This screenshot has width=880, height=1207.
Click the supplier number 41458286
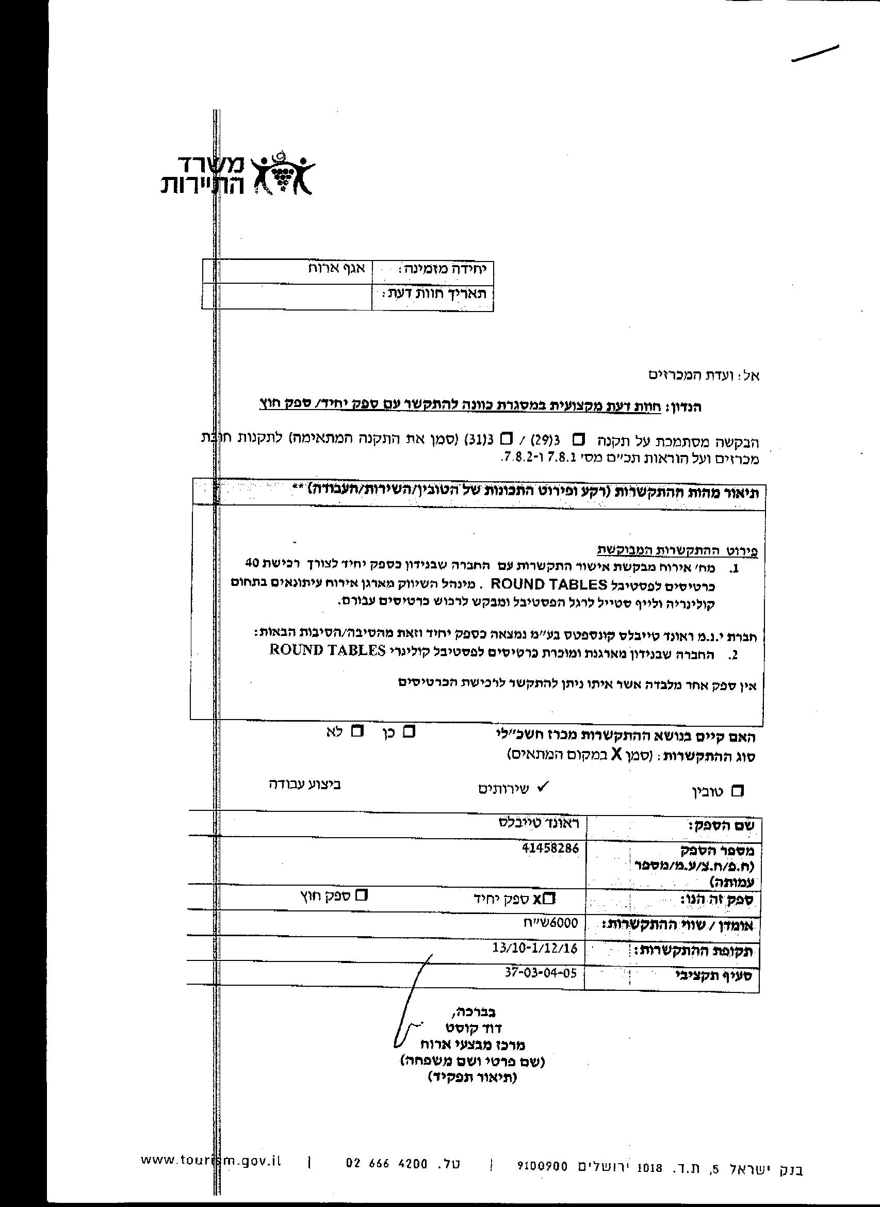coord(551,847)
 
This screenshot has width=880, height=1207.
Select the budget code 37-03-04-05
coord(541,973)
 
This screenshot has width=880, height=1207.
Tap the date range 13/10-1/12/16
coord(535,948)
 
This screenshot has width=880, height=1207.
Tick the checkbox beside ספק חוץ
coord(362,895)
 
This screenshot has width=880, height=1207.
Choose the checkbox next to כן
coord(409,731)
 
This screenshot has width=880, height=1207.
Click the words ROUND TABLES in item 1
coord(549,584)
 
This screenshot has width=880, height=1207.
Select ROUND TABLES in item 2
coord(328,650)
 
